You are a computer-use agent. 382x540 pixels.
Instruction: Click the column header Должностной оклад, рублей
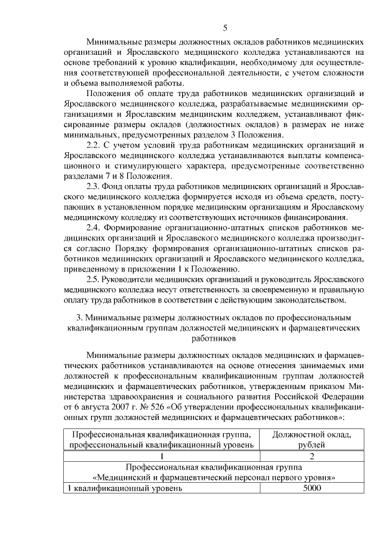(312, 440)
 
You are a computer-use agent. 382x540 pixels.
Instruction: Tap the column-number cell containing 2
(312, 456)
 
